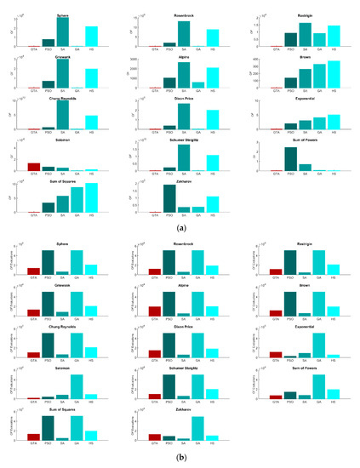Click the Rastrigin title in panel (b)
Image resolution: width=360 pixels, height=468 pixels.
[305, 243]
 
